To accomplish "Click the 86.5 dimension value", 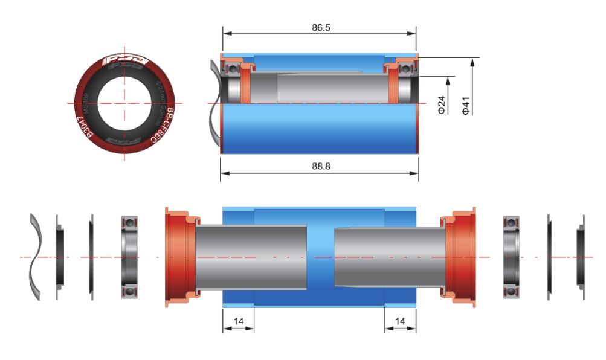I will pos(318,27).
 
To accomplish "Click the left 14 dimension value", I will pos(238,323).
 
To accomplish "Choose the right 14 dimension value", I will pos(400,323).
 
